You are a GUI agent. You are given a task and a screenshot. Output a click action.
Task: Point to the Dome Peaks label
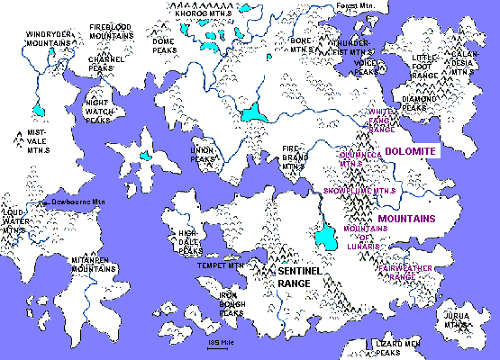(x=163, y=45)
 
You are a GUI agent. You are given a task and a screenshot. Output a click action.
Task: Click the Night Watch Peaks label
(x=97, y=111)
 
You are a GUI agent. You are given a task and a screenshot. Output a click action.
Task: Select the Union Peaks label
(x=203, y=153)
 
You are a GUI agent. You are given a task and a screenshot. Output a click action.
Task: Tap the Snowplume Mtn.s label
(x=360, y=191)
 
